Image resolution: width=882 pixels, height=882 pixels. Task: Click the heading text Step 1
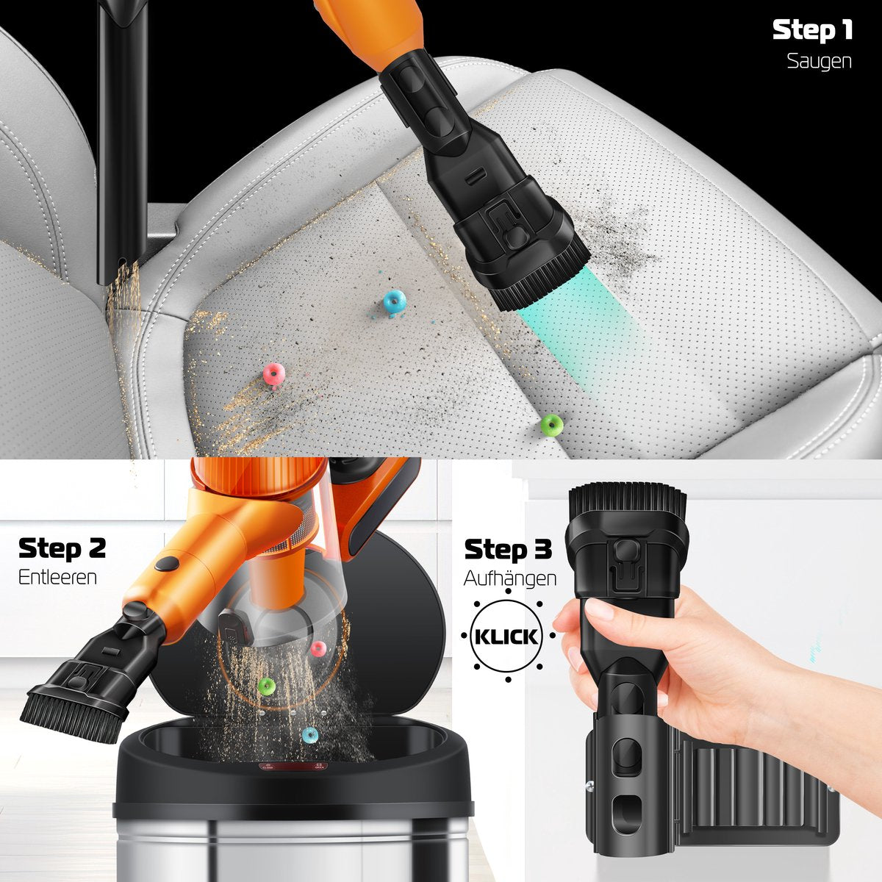tap(812, 29)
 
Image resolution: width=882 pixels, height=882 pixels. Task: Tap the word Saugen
tap(819, 61)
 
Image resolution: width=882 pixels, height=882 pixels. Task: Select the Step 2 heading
tap(62, 548)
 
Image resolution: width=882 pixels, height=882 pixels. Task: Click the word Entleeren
tap(57, 577)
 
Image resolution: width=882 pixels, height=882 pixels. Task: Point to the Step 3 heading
tap(508, 549)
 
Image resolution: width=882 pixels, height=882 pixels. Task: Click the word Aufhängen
tap(510, 578)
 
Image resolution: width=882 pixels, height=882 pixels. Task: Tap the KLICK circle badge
tap(506, 637)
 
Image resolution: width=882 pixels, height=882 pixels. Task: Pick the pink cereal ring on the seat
tap(274, 375)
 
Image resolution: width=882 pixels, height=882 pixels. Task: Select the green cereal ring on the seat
tap(551, 425)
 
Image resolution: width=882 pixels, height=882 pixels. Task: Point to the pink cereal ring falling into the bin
tap(318, 648)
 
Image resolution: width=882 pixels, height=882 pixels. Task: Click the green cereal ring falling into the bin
tap(266, 685)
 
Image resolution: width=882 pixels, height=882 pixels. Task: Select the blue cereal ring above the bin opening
tap(310, 735)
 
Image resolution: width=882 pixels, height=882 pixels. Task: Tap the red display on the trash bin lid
tap(293, 767)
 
